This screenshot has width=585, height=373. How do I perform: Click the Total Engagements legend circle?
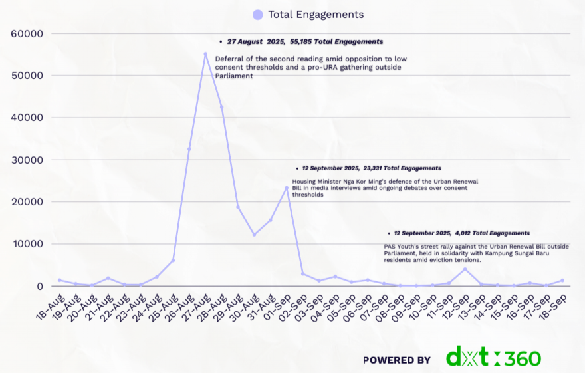click(258, 15)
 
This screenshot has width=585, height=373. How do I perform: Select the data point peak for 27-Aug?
click(205, 54)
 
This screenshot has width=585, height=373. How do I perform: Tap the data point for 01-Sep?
click(287, 187)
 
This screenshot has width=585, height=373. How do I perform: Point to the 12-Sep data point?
click(465, 269)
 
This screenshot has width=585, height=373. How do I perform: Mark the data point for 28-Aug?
click(221, 107)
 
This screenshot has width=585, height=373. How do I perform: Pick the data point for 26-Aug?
click(189, 149)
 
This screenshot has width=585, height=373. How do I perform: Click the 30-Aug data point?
click(254, 235)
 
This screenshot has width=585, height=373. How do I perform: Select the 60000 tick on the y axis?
click(27, 33)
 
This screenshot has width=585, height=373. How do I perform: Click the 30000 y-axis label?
click(27, 160)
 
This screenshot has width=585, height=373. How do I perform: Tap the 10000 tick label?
click(27, 244)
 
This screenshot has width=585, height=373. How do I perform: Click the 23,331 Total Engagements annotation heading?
click(371, 168)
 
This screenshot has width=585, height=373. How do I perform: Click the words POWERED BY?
click(397, 360)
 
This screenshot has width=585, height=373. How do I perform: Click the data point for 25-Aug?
click(173, 261)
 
